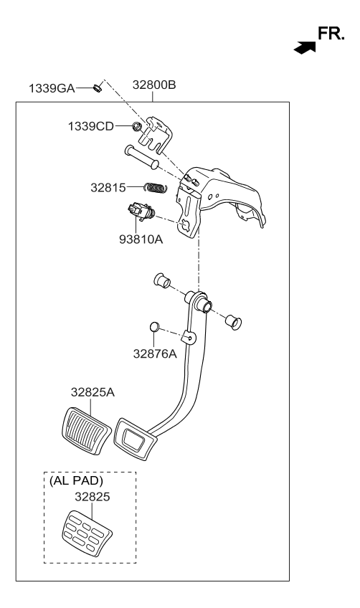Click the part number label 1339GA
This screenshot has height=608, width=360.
pos(52,88)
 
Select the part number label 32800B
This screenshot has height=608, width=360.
pos(154,85)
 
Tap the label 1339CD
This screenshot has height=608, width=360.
pos(91,126)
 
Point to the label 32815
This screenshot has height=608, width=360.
pos(108,188)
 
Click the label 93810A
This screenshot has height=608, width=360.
pos(141,239)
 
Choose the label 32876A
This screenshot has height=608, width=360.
pos(155,353)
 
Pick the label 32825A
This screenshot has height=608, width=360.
pos(93,392)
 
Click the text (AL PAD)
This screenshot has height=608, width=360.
pos(77,480)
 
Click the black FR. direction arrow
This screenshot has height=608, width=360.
pos(305,48)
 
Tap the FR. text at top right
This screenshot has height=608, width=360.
pos(331,34)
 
